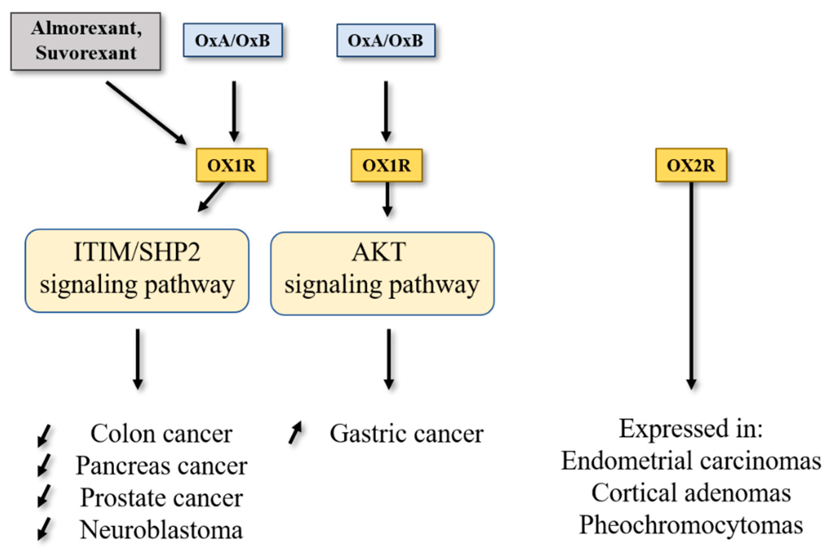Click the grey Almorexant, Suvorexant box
click(86, 41)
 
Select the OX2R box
click(691, 165)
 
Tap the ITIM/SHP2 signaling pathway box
click(137, 271)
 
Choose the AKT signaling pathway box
click(382, 274)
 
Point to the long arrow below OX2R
click(691, 286)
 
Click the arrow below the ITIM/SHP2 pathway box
click(138, 359)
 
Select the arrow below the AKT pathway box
click(389, 359)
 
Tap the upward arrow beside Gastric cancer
click(295, 432)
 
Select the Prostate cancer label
click(162, 498)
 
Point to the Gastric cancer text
click(407, 434)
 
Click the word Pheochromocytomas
click(691, 525)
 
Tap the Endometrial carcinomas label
click(691, 461)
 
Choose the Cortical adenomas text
click(691, 493)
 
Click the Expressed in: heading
click(691, 429)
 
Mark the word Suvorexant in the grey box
click(86, 53)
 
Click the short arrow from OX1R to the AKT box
click(387, 199)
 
